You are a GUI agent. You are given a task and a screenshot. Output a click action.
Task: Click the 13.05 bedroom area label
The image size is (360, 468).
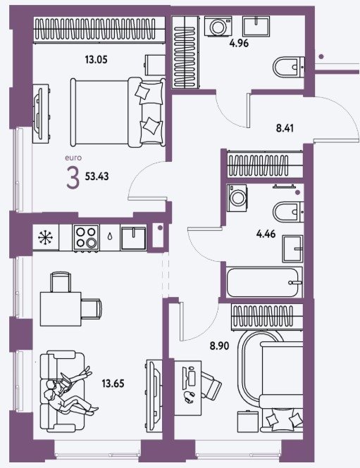click(x=96, y=60)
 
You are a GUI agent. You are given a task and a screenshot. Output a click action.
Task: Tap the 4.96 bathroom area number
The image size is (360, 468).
click(x=239, y=44)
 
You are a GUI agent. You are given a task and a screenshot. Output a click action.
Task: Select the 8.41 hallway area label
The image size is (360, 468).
click(x=285, y=128)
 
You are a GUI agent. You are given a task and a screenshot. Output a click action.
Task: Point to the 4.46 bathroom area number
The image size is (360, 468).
click(x=266, y=234)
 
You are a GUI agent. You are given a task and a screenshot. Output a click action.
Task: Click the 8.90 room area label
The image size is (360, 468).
click(x=220, y=346)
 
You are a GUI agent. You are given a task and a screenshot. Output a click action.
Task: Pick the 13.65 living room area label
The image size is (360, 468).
click(x=113, y=384)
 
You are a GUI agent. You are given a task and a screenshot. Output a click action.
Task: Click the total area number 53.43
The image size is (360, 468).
click(x=97, y=177)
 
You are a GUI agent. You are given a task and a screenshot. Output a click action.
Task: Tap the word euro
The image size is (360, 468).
click(x=73, y=158)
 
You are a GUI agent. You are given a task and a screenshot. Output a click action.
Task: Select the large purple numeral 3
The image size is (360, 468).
click(x=73, y=178)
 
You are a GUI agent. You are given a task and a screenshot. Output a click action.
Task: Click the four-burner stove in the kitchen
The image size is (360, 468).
click(x=86, y=238)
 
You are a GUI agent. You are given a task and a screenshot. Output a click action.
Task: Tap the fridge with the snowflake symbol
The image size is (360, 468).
click(x=45, y=238)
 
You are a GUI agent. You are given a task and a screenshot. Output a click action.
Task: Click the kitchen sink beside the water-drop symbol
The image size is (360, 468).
click(x=134, y=238)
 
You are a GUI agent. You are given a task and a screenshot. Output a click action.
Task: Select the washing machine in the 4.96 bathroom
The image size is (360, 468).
click(x=218, y=26)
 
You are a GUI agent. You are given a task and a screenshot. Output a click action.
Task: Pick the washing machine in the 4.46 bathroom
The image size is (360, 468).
click(x=237, y=198)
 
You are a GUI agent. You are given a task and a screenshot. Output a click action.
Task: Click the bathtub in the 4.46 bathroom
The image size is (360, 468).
click(x=264, y=282)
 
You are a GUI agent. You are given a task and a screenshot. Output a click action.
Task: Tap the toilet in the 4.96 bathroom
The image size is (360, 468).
click(x=289, y=68)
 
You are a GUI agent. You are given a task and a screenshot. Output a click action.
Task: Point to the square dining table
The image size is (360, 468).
click(x=61, y=309)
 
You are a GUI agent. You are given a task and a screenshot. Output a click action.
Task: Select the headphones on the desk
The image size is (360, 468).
click(x=190, y=397)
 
